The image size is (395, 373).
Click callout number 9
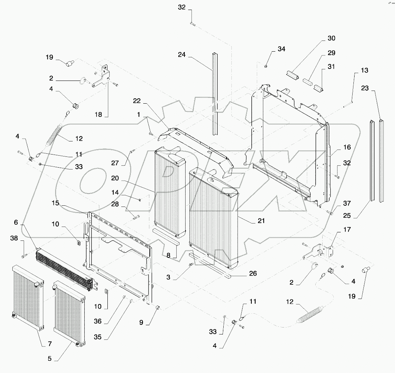tap(141, 323)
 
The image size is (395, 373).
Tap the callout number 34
tap(281, 49)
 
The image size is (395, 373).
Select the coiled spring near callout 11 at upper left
tap(55, 134)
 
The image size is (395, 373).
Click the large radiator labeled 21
tap(214, 218)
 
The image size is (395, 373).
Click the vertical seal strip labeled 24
tap(214, 92)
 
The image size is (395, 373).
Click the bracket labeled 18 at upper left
tap(101, 77)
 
